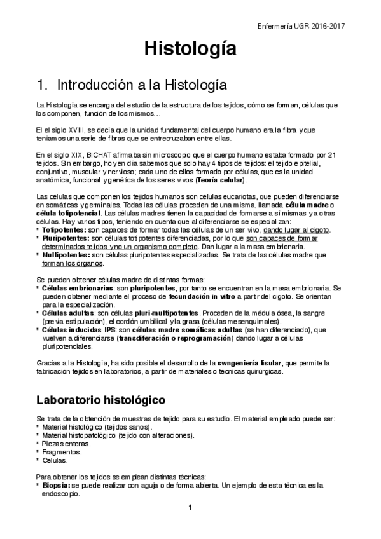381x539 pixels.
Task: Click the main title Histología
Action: tap(190, 48)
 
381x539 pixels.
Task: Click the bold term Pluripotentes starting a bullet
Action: tap(66, 238)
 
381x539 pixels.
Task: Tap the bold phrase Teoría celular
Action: tap(220, 180)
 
